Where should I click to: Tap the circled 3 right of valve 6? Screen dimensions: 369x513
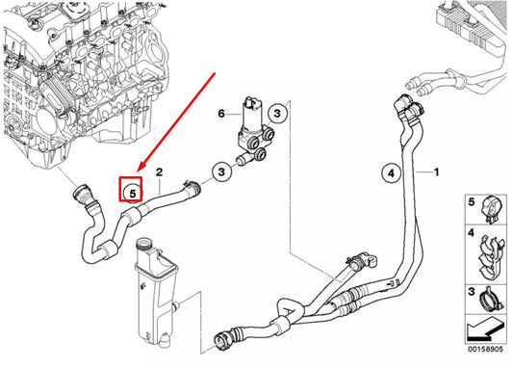276,114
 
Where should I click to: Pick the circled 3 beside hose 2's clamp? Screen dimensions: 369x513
222,171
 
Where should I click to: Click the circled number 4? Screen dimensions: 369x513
390,173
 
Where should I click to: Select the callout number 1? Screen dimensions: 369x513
436,172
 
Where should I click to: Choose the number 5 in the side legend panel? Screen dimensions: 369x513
471,203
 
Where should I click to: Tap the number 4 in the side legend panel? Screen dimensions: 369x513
471,234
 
